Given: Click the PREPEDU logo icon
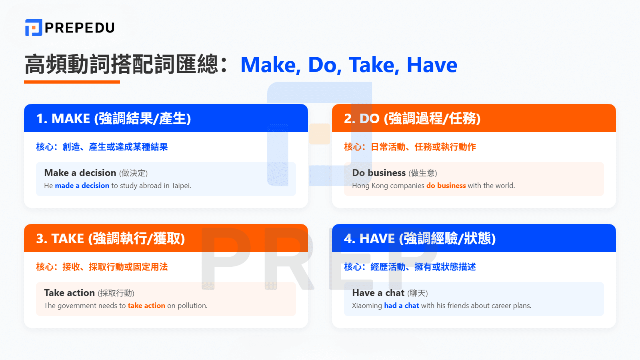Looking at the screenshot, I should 34,28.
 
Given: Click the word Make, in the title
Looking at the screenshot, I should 270,65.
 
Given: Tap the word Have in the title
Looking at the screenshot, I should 432,65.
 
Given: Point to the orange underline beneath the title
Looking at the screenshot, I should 72,82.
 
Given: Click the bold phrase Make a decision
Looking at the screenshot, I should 80,173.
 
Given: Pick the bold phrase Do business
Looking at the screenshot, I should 379,173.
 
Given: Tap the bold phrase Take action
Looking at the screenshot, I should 69,293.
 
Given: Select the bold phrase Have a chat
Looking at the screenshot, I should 378,293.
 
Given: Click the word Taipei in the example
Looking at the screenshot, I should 181,186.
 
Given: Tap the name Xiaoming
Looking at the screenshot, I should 367,306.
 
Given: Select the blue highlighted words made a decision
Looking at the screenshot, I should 82,186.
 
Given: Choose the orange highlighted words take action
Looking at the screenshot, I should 146,306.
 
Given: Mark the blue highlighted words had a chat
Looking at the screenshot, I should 402,306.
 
